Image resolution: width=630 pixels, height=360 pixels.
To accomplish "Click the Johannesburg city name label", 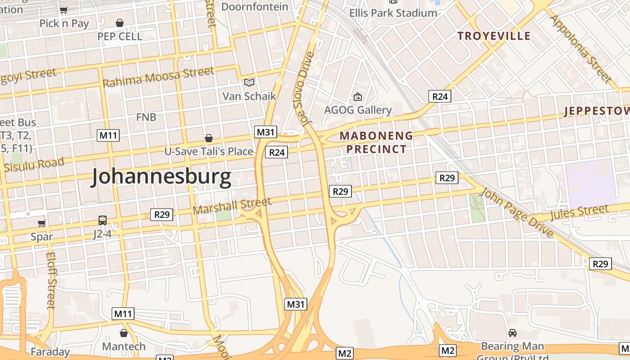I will [x=161, y=177].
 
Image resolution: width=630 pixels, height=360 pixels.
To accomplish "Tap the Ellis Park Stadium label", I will [x=393, y=13].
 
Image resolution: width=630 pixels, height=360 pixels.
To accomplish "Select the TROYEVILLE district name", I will [x=494, y=36].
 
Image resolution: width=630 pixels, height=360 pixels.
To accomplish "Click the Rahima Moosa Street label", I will [x=158, y=77].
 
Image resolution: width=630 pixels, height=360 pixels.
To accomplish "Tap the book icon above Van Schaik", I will [x=249, y=82].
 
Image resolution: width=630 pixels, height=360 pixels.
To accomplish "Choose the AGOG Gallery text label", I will [x=358, y=110].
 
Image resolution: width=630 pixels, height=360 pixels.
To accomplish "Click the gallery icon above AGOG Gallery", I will [x=358, y=96].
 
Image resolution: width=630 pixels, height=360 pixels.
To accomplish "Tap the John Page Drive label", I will [x=517, y=212].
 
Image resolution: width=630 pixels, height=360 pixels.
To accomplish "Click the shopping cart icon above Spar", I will [x=42, y=223].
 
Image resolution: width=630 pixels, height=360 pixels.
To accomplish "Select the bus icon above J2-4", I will [x=103, y=220].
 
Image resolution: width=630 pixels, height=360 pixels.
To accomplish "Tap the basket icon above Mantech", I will [x=124, y=333].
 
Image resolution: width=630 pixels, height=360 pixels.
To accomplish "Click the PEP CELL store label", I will [x=120, y=36].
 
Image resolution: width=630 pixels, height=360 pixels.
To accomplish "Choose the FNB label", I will [x=146, y=117].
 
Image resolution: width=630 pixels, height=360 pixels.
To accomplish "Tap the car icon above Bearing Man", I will [x=512, y=333].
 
